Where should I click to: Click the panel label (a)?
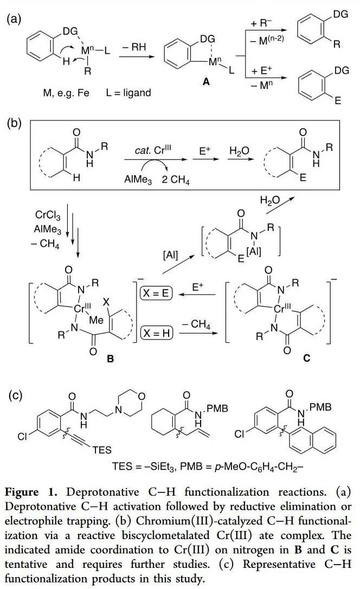pos(13,20)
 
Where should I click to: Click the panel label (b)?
pos(13,123)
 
